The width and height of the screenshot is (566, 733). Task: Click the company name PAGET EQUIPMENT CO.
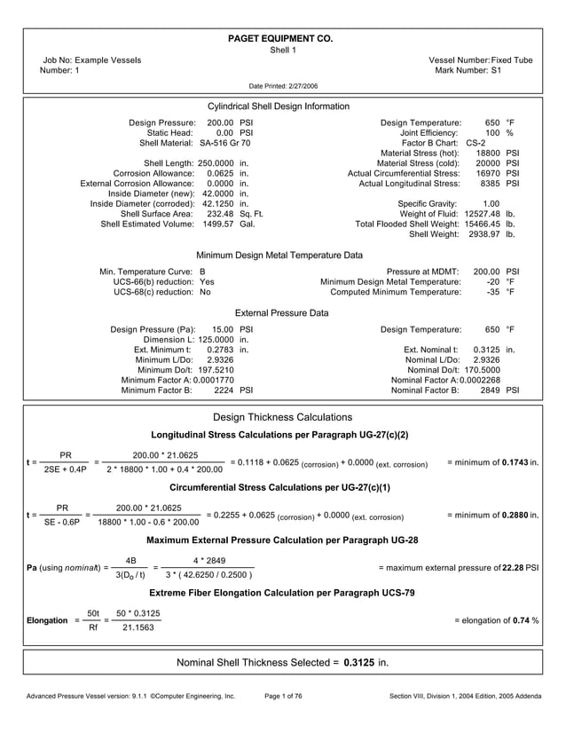point(281,39)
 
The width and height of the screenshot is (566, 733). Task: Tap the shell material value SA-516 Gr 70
point(224,143)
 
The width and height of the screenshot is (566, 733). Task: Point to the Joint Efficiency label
point(430,132)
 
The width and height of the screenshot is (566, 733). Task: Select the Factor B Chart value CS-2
point(476,143)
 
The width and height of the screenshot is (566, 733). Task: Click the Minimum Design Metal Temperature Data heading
point(279,256)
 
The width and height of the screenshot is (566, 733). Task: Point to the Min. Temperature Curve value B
point(202,271)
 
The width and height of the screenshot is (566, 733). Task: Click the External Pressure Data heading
point(281,313)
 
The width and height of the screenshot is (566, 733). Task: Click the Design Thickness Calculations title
point(283,417)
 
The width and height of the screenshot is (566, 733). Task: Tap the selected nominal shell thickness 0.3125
point(359,662)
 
